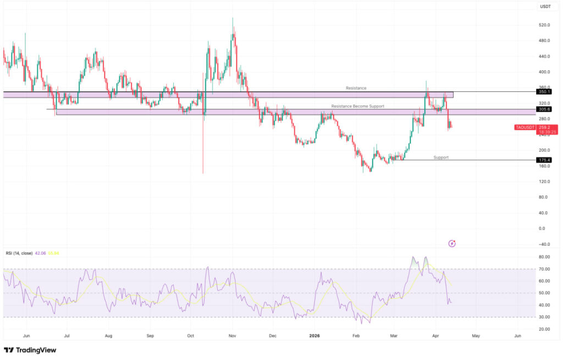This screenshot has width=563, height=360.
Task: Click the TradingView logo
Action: (30, 350)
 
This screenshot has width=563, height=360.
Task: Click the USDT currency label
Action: (546, 7)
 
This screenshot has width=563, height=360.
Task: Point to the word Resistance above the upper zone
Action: (356, 88)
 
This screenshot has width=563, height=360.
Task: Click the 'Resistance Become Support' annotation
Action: (357, 106)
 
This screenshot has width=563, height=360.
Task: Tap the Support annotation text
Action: (441, 157)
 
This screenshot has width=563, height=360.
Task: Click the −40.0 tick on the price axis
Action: (545, 244)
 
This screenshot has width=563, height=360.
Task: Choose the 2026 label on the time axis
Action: (314, 335)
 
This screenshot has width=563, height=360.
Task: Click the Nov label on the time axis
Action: (232, 335)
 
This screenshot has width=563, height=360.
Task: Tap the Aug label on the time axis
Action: (108, 335)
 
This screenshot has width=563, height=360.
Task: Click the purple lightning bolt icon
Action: (452, 243)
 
